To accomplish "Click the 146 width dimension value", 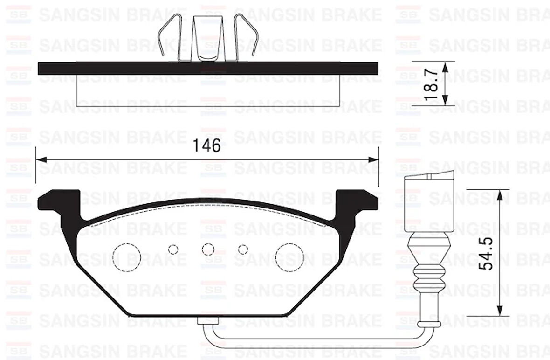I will pyautogui.click(x=207, y=146).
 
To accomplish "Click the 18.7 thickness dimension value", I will pyautogui.click(x=432, y=84).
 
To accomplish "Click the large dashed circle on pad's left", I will pyautogui.click(x=127, y=257).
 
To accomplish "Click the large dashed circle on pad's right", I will pyautogui.click(x=289, y=257).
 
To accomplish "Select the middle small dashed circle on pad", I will pyautogui.click(x=208, y=249).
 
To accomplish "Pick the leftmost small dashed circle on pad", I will pyautogui.click(x=173, y=249).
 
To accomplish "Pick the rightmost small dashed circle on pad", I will pyautogui.click(x=243, y=249).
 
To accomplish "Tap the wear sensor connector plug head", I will pyautogui.click(x=428, y=203).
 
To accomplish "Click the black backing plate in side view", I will pyautogui.click(x=208, y=69).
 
